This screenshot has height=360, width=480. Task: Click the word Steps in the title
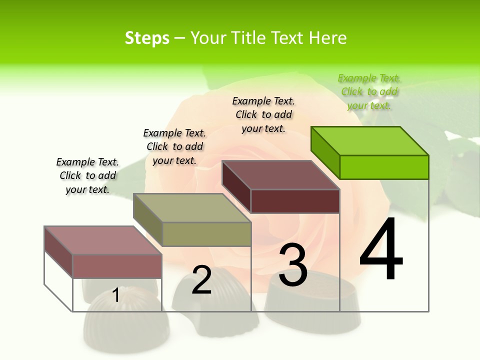(x=147, y=38)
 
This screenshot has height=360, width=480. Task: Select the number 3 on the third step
(x=292, y=265)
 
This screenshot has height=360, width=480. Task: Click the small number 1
(x=115, y=295)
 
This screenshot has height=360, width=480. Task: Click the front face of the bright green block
(x=384, y=167)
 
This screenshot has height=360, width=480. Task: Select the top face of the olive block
(x=192, y=208)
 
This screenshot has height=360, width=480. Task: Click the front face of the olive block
(x=206, y=234)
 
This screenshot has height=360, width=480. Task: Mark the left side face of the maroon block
(x=236, y=186)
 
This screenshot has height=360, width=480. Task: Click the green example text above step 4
(x=369, y=91)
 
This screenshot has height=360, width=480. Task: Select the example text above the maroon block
(x=263, y=114)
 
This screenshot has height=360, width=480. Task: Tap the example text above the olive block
(x=174, y=146)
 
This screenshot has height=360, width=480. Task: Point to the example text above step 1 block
(x=87, y=175)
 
